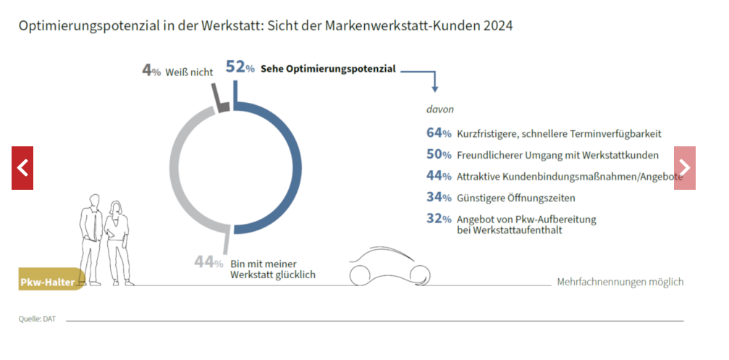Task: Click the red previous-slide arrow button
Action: [22, 168]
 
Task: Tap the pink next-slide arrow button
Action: [685, 168]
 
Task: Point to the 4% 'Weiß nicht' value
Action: [151, 71]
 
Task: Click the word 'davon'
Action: [439, 110]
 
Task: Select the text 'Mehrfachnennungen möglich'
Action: [620, 282]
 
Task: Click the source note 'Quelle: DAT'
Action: [37, 319]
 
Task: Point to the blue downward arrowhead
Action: [435, 88]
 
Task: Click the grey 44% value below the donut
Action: [208, 262]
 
